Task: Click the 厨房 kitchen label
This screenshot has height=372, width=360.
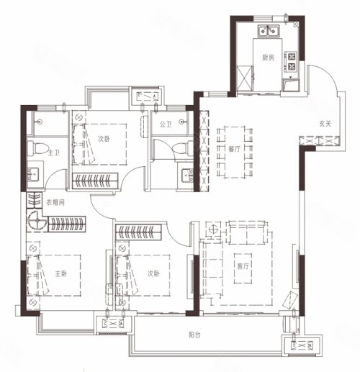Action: [268, 58]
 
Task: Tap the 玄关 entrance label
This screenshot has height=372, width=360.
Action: [325, 124]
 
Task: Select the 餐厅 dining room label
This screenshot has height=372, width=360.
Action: [234, 149]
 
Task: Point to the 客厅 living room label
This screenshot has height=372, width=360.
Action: [243, 266]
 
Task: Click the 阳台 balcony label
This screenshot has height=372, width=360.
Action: [194, 335]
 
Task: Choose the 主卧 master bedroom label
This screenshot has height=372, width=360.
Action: [61, 273]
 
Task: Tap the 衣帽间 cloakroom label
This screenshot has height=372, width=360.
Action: [55, 203]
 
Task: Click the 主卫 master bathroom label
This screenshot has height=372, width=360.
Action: [54, 153]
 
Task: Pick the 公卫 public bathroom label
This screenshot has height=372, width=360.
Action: [166, 124]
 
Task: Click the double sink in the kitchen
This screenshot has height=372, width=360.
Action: [269, 31]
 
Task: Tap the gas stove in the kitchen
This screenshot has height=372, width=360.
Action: [291, 62]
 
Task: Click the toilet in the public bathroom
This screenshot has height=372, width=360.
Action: [183, 148]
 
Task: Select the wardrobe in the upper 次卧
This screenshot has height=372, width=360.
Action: [95, 181]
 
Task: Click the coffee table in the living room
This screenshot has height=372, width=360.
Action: [243, 268]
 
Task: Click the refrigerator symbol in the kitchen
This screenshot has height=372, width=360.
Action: [245, 78]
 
